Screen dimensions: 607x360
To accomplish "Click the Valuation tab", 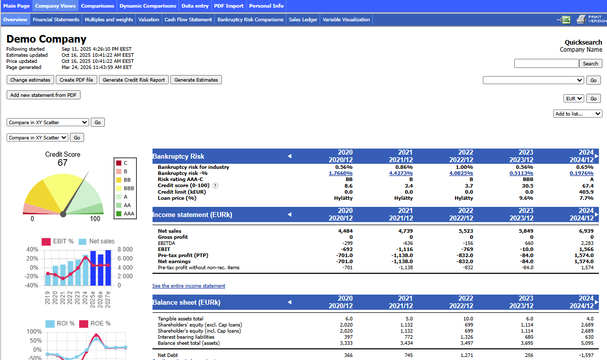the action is tap(148, 19).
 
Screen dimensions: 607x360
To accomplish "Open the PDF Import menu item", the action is tap(229, 6).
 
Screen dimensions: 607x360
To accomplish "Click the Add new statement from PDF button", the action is tap(44, 95).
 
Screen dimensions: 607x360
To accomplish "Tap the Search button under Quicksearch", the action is tap(590, 63).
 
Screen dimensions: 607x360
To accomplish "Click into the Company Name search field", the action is tap(546, 63).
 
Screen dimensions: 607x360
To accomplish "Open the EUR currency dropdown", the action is tap(574, 98).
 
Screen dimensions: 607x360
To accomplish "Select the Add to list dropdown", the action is tap(578, 114).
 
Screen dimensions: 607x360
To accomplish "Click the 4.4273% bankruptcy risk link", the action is tap(401, 173).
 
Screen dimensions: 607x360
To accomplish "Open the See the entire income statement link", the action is tap(188, 285).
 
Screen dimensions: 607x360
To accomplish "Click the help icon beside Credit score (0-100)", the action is tap(215, 186).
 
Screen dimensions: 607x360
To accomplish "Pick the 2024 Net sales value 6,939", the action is tap(586, 231).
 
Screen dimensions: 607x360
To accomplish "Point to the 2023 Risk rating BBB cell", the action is tap(527, 179).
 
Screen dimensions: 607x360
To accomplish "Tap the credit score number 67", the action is tap(63, 163).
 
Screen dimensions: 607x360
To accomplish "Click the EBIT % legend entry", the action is tap(58, 241).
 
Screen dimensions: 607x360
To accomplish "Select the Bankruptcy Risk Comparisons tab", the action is tap(250, 19).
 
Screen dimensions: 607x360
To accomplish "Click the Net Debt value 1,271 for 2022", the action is tap(467, 355).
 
